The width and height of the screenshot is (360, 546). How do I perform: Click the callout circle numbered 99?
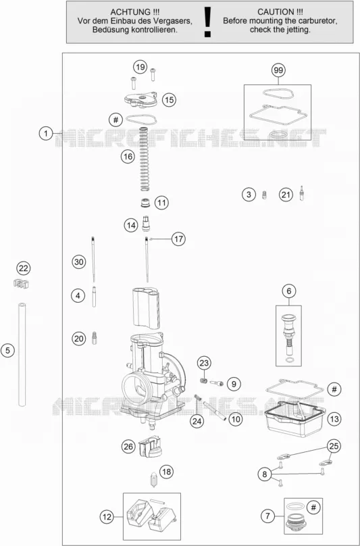pos(278,70)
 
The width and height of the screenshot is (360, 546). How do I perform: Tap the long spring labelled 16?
pos(144,159)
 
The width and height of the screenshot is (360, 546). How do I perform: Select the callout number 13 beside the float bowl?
pos(334,419)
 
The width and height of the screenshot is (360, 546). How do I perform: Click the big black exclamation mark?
pos(208,22)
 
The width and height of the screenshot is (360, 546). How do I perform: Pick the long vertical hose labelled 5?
pos(22,354)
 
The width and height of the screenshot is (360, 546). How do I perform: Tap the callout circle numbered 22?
pos(24,268)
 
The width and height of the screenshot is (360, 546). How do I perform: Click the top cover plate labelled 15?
pos(140,99)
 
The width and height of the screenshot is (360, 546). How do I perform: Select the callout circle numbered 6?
pos(289,291)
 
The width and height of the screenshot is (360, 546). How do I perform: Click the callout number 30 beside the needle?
pos(79,262)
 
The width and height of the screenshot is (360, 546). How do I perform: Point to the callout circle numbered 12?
pos(107,517)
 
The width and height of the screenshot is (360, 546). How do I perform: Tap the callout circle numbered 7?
pos(267,516)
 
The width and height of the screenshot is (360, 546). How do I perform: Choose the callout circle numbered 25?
pos(334,446)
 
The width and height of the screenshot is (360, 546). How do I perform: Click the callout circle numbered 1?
pos(46,133)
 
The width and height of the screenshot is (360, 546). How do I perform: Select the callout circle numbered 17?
pos(178,239)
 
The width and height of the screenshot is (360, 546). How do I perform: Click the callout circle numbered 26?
pos(128,446)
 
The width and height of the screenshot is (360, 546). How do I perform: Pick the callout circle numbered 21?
pos(286,195)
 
